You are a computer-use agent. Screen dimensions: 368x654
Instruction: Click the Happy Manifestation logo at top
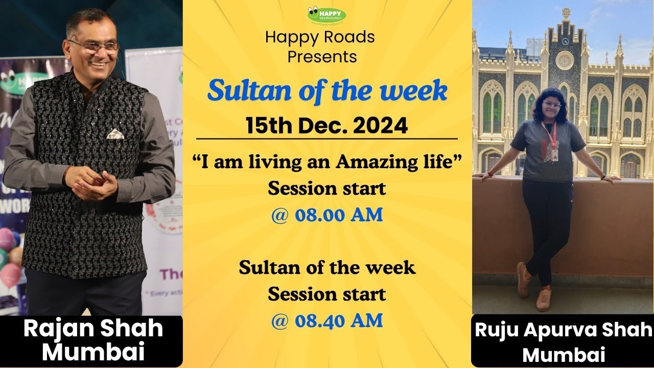(326, 14)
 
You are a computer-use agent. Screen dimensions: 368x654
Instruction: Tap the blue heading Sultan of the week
(327, 91)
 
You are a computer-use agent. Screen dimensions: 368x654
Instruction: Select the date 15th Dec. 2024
(327, 125)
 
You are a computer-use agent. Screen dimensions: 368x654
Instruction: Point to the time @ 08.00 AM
(327, 215)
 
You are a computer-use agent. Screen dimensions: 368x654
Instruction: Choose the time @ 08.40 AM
(327, 320)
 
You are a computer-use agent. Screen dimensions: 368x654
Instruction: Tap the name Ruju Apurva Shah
(564, 331)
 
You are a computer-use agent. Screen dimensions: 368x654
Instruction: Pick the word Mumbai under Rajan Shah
(93, 353)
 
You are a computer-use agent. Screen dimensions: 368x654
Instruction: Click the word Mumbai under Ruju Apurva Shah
(564, 354)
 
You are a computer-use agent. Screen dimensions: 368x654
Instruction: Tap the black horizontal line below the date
(327, 139)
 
